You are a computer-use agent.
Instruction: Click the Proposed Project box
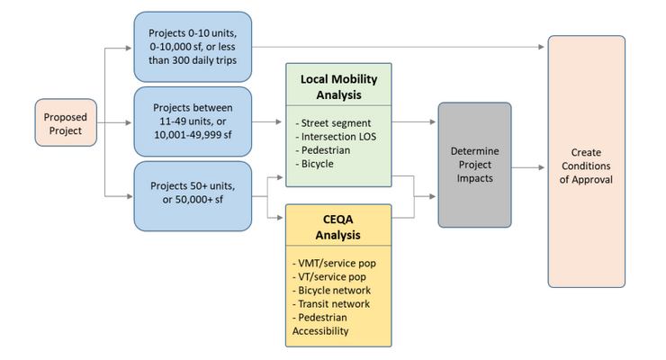pyautogui.click(x=65, y=123)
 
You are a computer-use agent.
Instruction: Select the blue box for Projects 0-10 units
pyautogui.click(x=192, y=46)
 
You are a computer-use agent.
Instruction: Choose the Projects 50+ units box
pyautogui.click(x=192, y=195)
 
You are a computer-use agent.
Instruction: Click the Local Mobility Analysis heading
pyautogui.click(x=338, y=85)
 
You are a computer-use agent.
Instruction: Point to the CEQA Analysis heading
pyautogui.click(x=338, y=228)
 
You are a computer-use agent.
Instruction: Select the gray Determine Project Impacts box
pyautogui.click(x=474, y=165)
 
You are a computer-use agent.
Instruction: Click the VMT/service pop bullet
pyautogui.click(x=337, y=263)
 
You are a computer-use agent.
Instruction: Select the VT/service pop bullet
pyautogui.click(x=333, y=276)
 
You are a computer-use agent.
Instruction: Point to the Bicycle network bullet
pyautogui.click(x=333, y=290)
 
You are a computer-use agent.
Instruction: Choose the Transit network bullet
pyautogui.click(x=333, y=303)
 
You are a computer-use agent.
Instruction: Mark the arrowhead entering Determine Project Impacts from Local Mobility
pyautogui.click(x=434, y=121)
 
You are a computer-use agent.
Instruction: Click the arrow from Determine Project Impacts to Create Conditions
pyautogui.click(x=529, y=166)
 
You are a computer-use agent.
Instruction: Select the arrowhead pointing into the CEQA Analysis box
pyautogui.click(x=282, y=216)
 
